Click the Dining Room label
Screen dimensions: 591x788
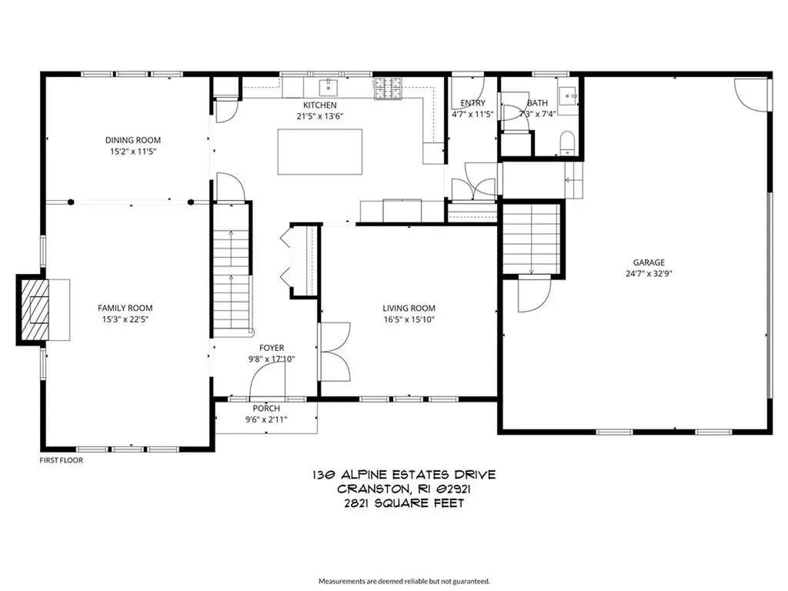(133, 140)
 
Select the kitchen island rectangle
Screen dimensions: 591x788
(319, 152)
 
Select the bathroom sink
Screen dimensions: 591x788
(569, 95)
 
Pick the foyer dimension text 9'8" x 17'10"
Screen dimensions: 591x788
(271, 359)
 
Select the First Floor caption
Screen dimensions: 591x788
(61, 460)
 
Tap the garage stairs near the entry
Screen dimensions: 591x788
(531, 239)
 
